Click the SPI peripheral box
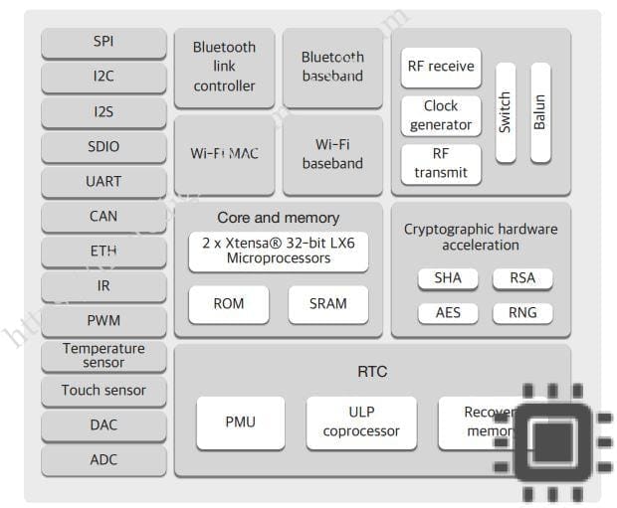pos(103,42)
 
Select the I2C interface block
pos(103,77)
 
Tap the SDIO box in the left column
pos(103,146)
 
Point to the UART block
pos(103,181)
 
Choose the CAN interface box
pos(103,216)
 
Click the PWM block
pos(103,320)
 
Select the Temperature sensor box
pos(103,355)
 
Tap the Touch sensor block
pos(103,391)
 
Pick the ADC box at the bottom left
pos(103,459)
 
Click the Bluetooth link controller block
pos(224,67)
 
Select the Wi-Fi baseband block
pos(332,154)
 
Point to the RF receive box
pos(441,67)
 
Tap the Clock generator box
pos(441,115)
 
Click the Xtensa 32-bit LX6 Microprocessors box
pos(279,252)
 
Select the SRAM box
pos(328,304)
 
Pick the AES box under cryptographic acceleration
pos(448,312)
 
